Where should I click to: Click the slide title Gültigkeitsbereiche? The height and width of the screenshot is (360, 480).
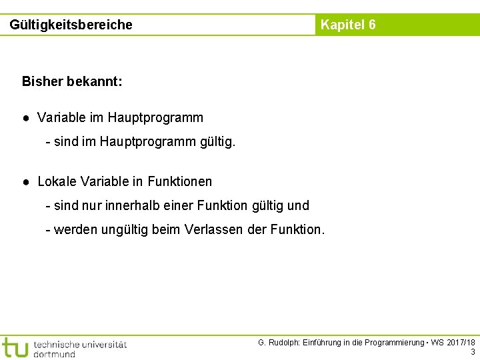point(71,25)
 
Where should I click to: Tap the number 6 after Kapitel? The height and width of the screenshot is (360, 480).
point(371,25)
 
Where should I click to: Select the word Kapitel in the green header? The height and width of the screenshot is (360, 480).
point(342,25)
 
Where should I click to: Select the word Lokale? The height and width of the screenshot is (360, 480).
point(57,181)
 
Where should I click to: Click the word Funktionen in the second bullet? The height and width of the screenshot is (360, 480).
point(180,181)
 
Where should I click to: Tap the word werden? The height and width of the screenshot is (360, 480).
point(75,230)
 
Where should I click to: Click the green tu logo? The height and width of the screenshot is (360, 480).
point(15,347)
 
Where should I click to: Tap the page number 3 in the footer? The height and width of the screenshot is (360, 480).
point(473,352)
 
